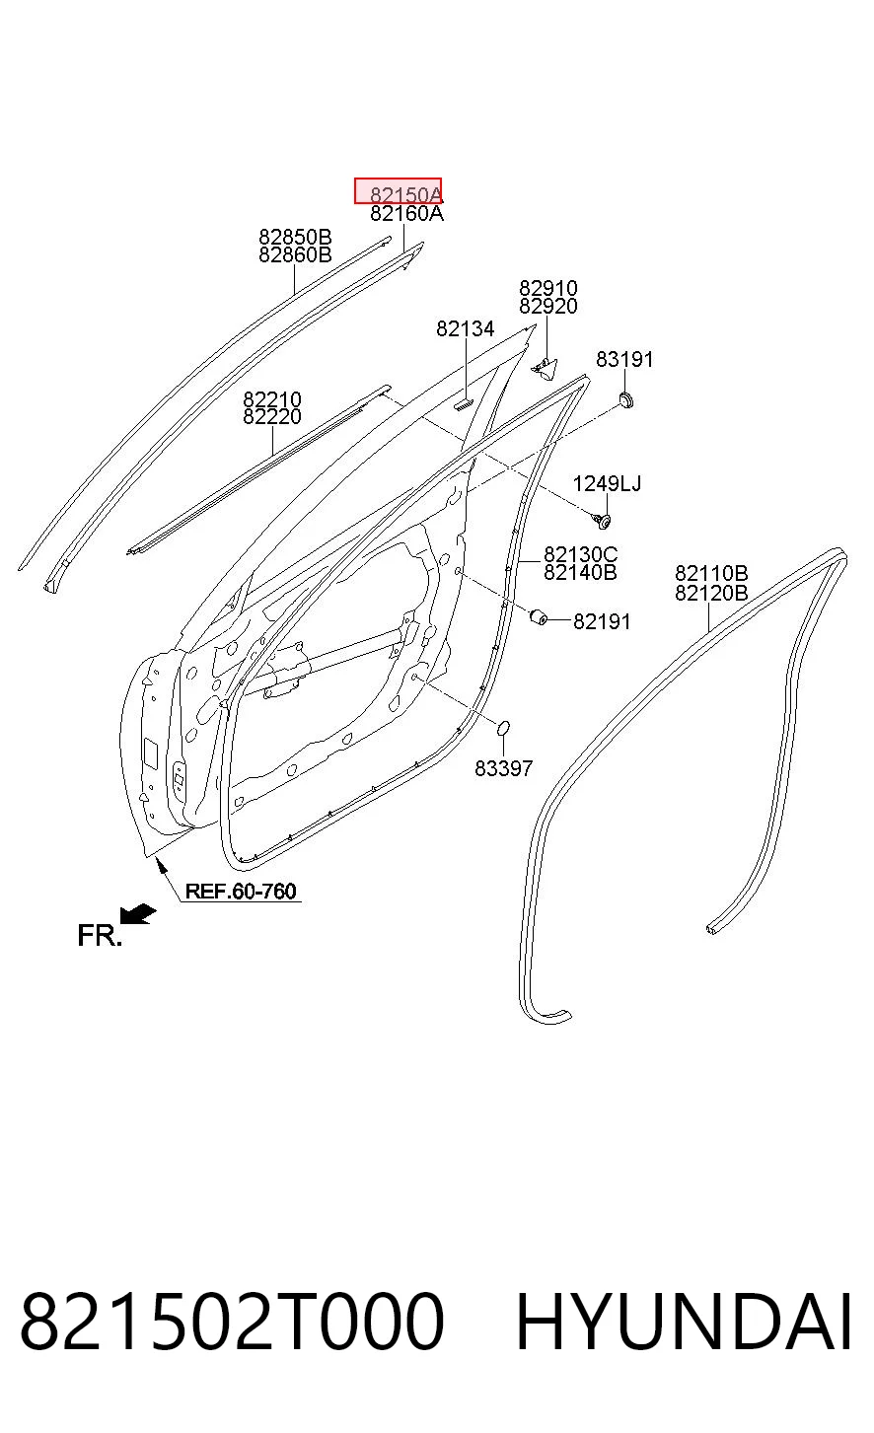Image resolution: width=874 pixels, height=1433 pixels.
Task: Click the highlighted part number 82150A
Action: [406, 194]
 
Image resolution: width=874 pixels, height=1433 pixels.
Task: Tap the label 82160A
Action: [406, 213]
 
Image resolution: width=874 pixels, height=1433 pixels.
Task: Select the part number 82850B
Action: [295, 237]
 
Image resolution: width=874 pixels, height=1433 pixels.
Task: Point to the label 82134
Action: [466, 328]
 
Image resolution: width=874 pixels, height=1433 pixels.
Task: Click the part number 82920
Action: [548, 307]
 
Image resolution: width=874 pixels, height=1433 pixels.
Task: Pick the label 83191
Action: [624, 360]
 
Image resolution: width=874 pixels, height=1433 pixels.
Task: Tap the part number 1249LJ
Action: [607, 483]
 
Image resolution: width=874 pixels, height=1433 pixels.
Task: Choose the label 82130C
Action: [580, 554]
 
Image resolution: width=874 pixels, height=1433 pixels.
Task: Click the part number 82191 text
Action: [602, 621]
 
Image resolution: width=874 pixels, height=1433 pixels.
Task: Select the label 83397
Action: [503, 768]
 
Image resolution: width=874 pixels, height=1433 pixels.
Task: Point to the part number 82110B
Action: [711, 573]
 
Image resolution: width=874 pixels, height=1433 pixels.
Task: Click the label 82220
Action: [272, 417]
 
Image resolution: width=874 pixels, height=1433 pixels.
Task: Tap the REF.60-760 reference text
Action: [241, 892]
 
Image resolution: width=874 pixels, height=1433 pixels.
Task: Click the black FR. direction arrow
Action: [137, 915]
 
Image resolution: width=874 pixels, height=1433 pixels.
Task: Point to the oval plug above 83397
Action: [503, 728]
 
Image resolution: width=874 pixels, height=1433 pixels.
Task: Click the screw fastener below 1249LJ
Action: [602, 521]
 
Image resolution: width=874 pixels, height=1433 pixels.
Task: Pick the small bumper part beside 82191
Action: [539, 616]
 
